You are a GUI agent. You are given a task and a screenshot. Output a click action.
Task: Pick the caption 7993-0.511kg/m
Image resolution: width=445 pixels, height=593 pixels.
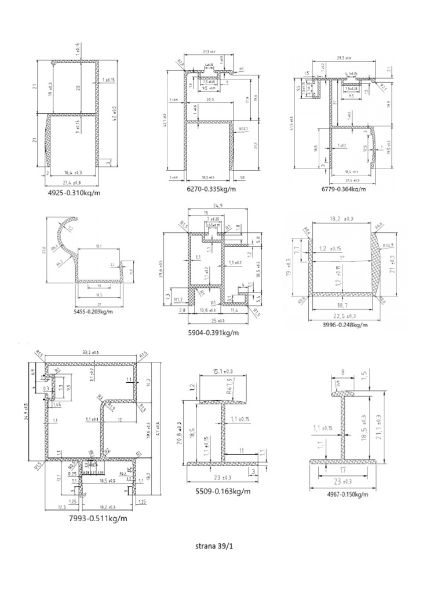click(x=97, y=518)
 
